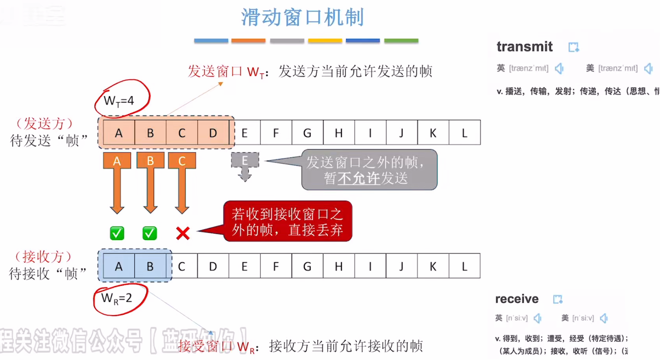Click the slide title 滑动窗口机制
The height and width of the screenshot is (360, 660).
302,17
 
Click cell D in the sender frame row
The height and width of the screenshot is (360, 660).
213,133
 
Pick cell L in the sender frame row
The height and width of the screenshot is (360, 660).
465,133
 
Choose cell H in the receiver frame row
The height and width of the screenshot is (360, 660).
339,266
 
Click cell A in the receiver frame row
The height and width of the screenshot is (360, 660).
119,266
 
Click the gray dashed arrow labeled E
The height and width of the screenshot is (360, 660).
245,165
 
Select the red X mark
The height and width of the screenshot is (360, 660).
183,233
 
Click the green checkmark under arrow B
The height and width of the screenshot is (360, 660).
149,233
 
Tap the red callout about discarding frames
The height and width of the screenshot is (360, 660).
287,221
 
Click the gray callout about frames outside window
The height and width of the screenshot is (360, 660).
369,170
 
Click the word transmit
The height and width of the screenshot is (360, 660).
524,47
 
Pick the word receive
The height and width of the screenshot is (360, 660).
517,299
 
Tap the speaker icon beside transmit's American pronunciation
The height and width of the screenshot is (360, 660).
648,68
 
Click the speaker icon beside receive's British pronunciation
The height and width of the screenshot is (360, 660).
537,318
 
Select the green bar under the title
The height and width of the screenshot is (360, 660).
401,41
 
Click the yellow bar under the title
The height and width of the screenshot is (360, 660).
325,41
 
